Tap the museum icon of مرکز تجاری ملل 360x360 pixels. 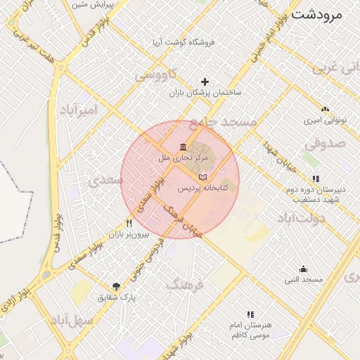183,146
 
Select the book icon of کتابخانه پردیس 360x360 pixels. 203,176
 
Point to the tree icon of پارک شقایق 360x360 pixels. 116,286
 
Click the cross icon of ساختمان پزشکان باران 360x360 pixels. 205,82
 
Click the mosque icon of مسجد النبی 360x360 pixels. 303,269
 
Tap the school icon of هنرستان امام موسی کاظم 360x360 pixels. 250,315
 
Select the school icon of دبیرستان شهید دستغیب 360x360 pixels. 316,179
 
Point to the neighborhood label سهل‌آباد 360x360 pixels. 72,322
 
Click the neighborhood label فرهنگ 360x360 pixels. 185,285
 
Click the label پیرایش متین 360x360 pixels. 94,5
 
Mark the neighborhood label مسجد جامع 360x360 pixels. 223,122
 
